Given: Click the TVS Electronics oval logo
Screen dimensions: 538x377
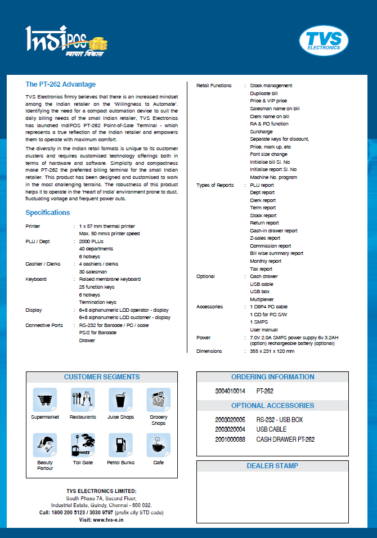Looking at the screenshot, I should click(324, 41).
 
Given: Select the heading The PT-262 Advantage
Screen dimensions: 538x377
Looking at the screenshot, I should click(61, 84).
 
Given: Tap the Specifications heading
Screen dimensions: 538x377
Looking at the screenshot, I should click(48, 213).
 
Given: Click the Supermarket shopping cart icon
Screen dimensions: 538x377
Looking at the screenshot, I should click(44, 400).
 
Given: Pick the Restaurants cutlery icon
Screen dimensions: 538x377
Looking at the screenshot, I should click(82, 400).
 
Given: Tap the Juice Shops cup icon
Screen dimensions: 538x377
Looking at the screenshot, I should click(120, 400).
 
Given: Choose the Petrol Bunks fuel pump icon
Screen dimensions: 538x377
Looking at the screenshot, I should click(120, 445).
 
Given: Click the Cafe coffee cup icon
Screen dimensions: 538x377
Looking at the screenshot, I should click(158, 445).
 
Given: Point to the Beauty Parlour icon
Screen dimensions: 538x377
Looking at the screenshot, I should click(44, 445).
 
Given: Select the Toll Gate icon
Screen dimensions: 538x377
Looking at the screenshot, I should click(82, 445).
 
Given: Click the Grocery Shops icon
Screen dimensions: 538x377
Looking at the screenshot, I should click(158, 400).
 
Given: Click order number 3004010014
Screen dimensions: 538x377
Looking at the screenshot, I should click(230, 391).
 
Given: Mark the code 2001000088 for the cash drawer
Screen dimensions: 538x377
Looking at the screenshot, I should click(230, 439).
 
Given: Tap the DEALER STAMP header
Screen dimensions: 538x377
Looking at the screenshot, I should click(272, 466).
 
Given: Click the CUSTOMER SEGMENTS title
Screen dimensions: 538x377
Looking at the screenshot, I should click(102, 377).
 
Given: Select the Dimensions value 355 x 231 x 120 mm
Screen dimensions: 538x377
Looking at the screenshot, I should click(272, 351).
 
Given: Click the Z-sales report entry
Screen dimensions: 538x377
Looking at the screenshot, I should click(265, 239).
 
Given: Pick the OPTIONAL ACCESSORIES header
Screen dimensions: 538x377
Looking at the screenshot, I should click(272, 406).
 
